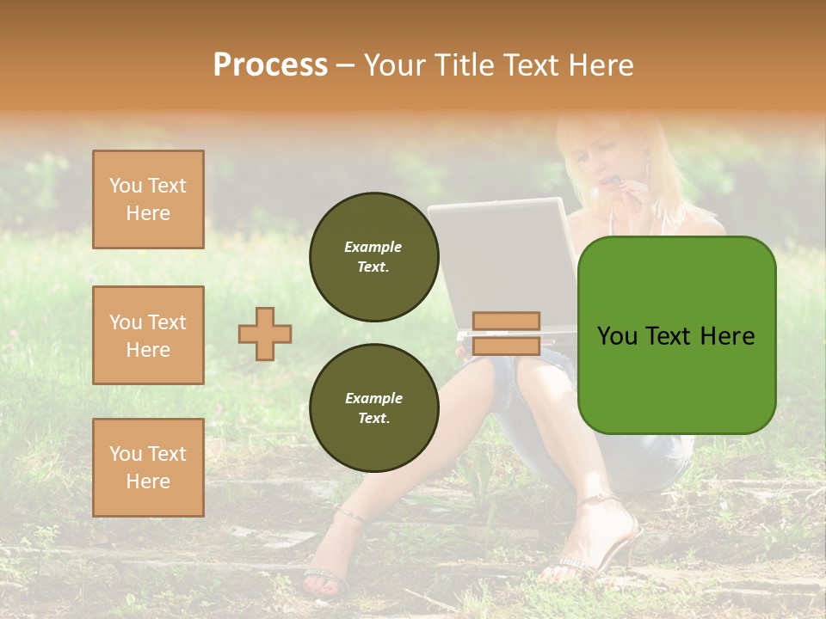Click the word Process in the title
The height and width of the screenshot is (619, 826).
270,65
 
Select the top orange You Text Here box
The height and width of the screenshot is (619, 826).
148,199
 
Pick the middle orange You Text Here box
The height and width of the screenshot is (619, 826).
148,335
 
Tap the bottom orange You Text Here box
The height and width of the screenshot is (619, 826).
148,468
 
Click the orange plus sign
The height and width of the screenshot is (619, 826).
265,334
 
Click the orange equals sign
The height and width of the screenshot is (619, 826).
506,334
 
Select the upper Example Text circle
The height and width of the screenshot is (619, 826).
373,257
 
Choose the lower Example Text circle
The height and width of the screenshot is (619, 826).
373,408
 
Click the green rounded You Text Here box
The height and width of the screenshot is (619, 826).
676,335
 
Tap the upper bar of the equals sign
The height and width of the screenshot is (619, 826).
506,322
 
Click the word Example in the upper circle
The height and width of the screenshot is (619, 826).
373,248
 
